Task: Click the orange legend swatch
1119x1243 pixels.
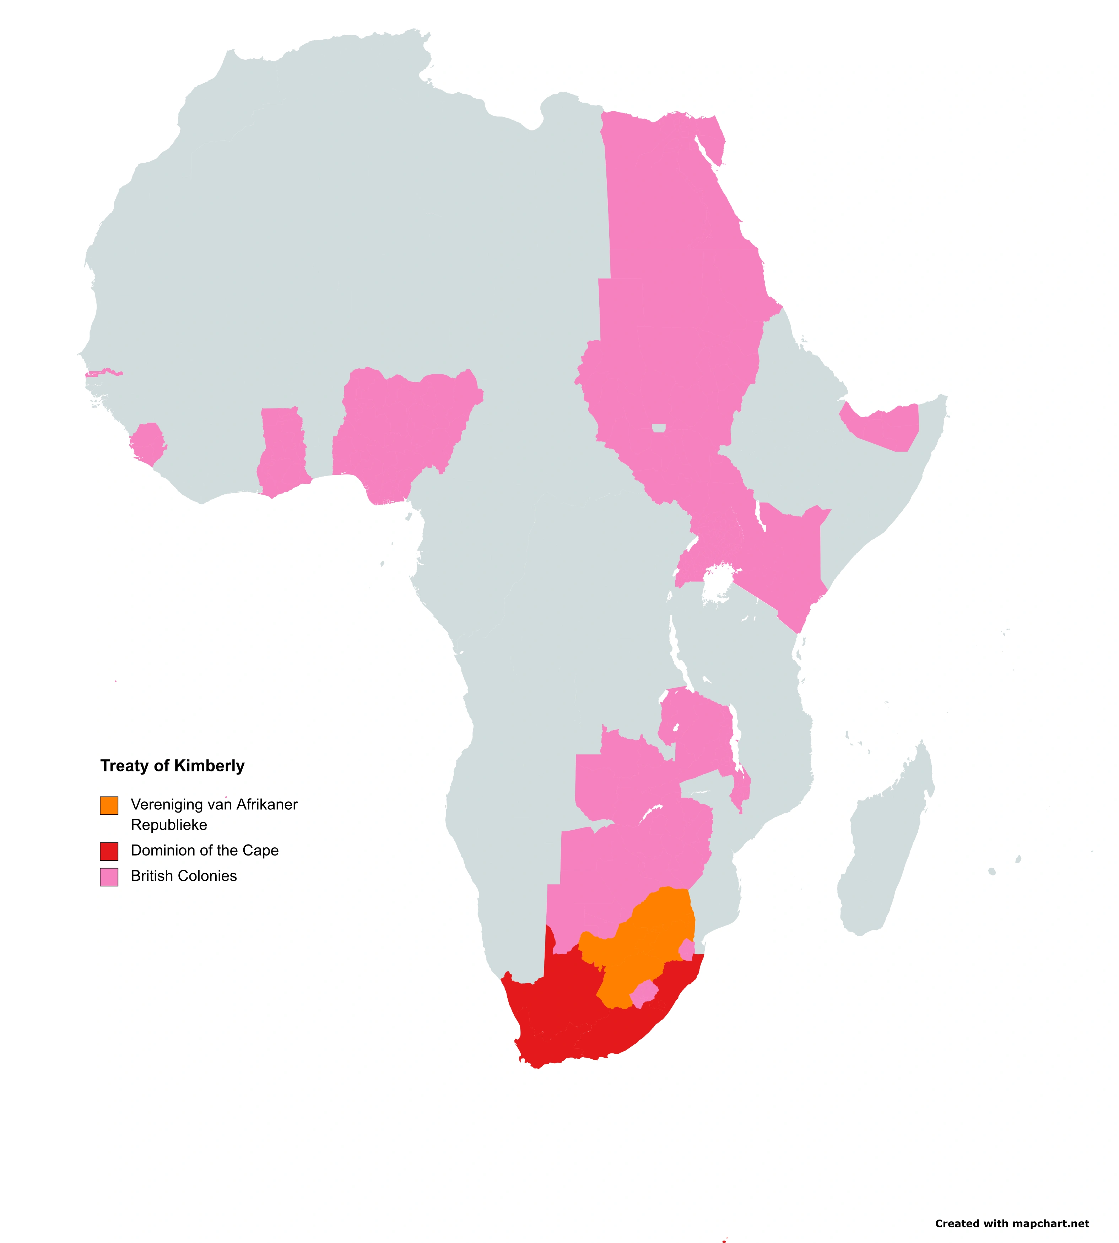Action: [109, 805]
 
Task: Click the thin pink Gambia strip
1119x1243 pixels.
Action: [102, 373]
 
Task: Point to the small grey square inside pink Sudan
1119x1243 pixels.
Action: [659, 428]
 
